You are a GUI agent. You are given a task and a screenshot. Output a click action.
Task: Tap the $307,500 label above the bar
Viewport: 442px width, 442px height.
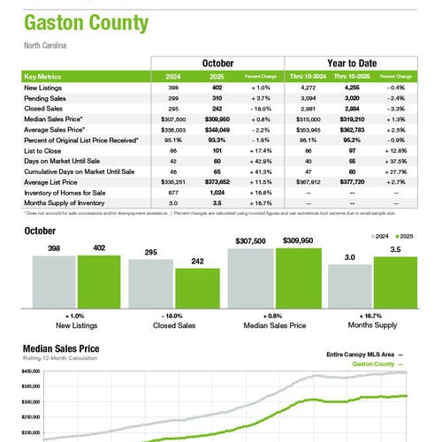(x=250, y=241)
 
